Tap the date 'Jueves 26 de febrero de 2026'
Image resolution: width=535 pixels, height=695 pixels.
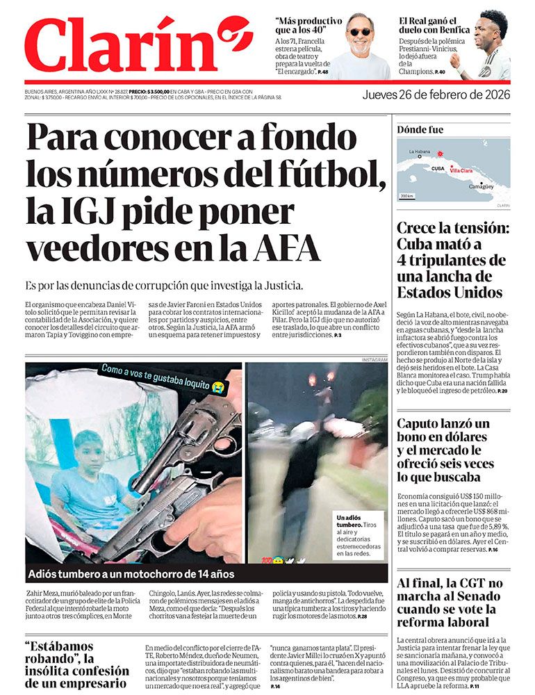(436, 95)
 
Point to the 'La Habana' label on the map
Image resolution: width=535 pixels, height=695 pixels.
(420, 152)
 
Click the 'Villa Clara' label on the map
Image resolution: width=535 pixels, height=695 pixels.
(461, 170)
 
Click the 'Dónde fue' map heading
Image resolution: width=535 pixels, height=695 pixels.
(420, 130)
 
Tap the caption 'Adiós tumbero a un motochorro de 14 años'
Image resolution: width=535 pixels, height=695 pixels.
(131, 574)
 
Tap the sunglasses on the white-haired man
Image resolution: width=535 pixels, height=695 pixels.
(359, 32)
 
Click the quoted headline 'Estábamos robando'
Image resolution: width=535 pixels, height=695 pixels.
(77, 664)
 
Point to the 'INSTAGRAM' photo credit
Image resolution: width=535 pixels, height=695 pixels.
(374, 359)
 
